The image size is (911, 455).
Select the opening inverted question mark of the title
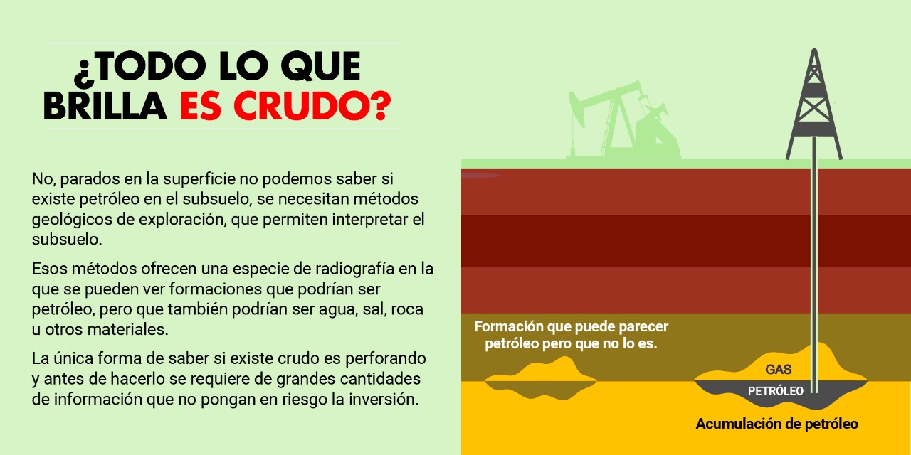pyautogui.click(x=83, y=74)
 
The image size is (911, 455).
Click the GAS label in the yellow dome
pyautogui.click(x=779, y=369)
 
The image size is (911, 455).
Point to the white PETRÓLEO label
pyautogui.click(x=776, y=391)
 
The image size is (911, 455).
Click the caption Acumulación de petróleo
pyautogui.click(x=776, y=424)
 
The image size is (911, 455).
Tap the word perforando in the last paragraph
pyautogui.click(x=386, y=359)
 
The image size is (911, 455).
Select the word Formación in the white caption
pyautogui.click(x=509, y=326)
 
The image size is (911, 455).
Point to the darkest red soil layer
pyautogui.click(x=686, y=241)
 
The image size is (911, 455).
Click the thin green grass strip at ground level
pyautogui.click(x=686, y=164)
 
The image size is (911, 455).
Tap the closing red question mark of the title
pyautogui.click(x=381, y=106)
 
